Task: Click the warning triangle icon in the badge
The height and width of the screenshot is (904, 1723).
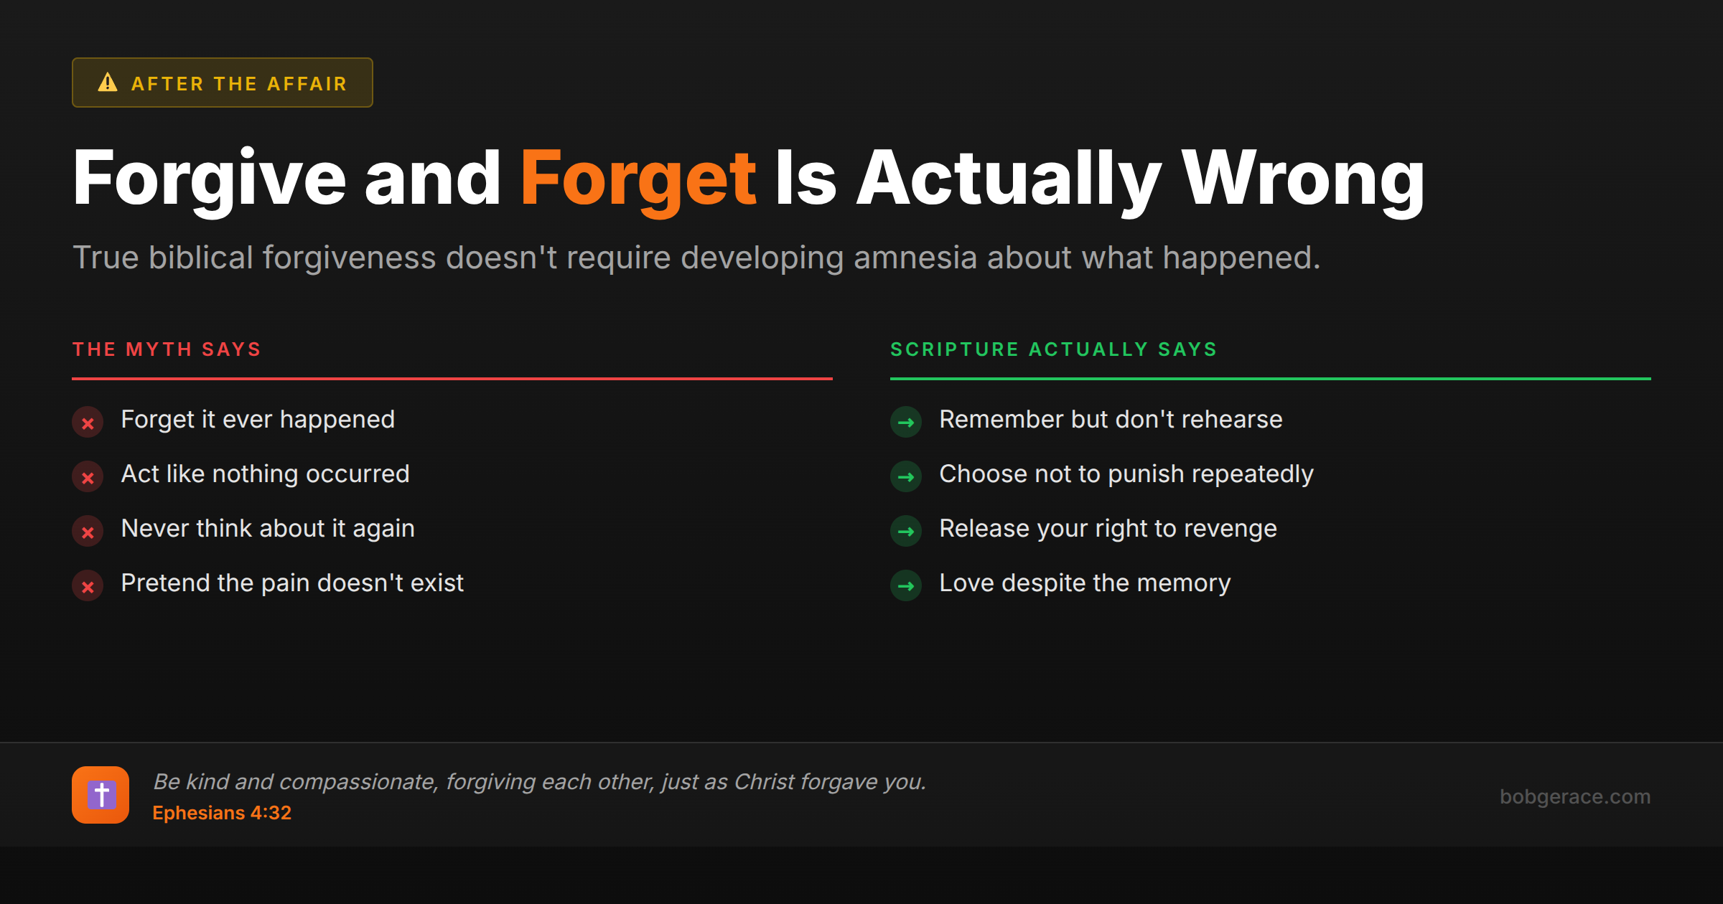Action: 108,83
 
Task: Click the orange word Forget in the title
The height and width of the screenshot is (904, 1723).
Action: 638,179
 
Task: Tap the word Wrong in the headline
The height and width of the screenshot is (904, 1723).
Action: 1302,179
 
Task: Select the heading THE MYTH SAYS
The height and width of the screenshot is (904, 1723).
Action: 167,349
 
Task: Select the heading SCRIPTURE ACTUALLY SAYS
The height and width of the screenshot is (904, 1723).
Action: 1053,349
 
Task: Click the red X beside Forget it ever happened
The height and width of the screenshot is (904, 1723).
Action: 88,423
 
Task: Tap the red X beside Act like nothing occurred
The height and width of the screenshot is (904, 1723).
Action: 88,477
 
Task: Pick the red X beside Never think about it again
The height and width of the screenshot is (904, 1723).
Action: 88,532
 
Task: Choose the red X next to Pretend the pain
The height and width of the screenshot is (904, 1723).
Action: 88,586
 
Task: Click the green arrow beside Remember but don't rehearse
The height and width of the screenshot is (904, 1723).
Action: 906,423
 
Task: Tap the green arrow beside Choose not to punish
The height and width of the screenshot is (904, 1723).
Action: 906,477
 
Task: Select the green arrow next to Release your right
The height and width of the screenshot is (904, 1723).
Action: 906,532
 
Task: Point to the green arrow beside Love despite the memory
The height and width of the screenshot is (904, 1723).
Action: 906,586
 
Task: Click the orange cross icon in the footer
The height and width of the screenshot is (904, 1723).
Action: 101,795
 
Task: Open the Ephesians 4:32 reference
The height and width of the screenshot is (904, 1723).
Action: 222,813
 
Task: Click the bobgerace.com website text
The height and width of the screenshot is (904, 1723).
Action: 1574,796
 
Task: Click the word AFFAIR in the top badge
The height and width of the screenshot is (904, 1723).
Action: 307,84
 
